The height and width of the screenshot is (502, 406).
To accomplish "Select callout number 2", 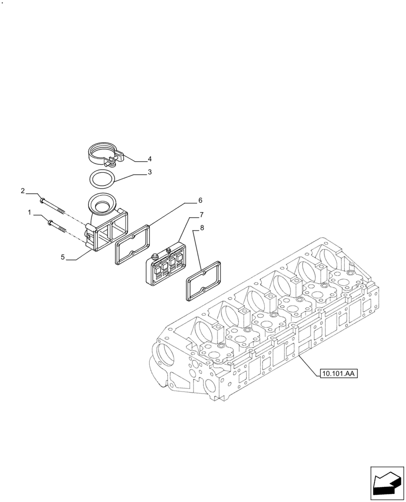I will coord(23,191).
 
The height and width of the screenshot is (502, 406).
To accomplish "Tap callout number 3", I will coord(150,172).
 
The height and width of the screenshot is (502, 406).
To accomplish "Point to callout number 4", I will coord(150,159).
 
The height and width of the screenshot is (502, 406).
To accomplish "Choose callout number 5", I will coord(63,257).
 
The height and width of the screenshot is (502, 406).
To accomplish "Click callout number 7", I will coord(201,215).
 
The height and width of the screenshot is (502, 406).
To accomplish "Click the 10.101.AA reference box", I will coord(337,373).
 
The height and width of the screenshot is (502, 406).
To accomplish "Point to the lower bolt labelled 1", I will coord(58,224).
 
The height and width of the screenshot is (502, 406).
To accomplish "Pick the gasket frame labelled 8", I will coord(204,281).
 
